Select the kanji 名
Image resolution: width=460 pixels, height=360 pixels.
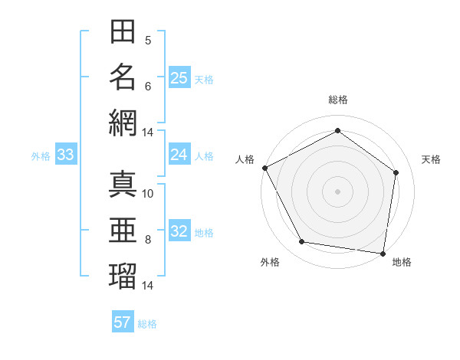pyautogui.click(x=123, y=77)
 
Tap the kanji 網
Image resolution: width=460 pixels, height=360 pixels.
pyautogui.click(x=123, y=122)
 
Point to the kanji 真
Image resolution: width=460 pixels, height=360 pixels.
pyautogui.click(x=123, y=184)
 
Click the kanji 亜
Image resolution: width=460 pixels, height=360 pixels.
pyautogui.click(x=123, y=229)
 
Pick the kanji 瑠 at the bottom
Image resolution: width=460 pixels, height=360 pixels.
pyautogui.click(x=123, y=274)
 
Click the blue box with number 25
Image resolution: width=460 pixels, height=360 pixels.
pyautogui.click(x=179, y=77)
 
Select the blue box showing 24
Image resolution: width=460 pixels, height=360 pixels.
pyautogui.click(x=179, y=155)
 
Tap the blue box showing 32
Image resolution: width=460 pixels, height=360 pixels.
pyautogui.click(x=179, y=231)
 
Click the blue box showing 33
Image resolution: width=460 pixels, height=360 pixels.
pyautogui.click(x=65, y=155)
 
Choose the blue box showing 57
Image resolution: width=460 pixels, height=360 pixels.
pyautogui.click(x=123, y=322)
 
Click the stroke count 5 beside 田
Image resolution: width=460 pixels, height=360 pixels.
pyautogui.click(x=148, y=40)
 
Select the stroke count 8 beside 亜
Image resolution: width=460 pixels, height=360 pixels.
pyautogui.click(x=148, y=239)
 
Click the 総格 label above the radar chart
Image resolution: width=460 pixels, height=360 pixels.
pyautogui.click(x=337, y=100)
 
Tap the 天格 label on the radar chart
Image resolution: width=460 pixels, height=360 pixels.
pyautogui.click(x=431, y=159)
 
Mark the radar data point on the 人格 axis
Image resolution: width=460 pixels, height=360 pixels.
pyautogui.click(x=265, y=168)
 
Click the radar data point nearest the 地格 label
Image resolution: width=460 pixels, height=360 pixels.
pyautogui.click(x=383, y=253)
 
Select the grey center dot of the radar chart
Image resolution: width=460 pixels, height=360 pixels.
pyautogui.click(x=337, y=191)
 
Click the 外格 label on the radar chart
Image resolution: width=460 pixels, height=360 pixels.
pyautogui.click(x=269, y=262)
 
